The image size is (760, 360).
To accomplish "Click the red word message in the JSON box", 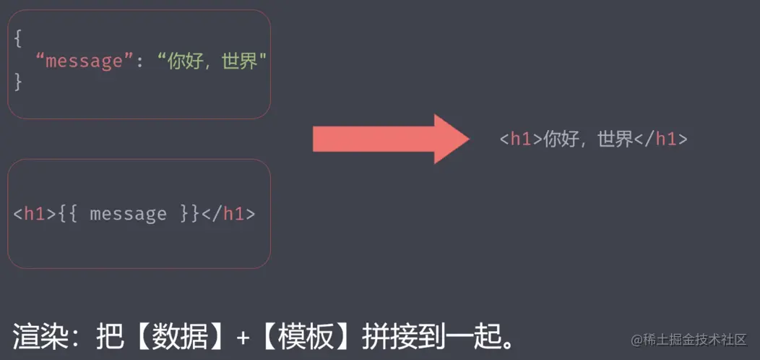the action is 85,61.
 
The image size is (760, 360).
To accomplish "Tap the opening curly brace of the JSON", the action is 18,39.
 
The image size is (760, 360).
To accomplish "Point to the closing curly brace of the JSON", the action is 18,82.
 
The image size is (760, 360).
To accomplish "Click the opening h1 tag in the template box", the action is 35,214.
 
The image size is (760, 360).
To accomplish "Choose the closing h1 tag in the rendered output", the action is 660,140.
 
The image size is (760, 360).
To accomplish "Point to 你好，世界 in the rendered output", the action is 588,140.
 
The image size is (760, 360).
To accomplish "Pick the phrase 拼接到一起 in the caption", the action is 429,337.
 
